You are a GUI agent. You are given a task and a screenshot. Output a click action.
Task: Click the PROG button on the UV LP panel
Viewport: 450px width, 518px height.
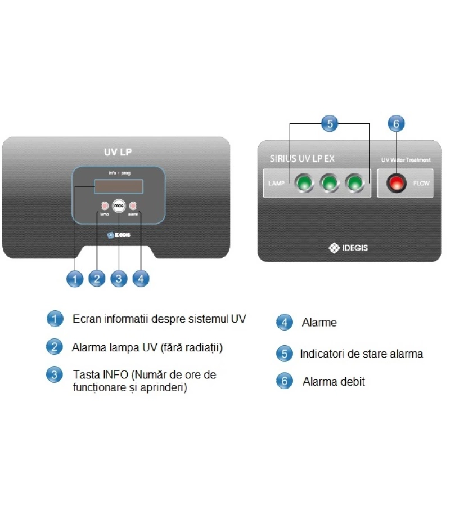click(119, 206)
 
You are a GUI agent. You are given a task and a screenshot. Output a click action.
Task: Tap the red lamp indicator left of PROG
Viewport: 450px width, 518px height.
click(104, 206)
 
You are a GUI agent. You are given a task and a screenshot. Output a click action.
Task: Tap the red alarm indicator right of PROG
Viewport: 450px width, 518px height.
click(133, 206)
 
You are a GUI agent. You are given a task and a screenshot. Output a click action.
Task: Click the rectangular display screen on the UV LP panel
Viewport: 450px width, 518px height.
click(118, 186)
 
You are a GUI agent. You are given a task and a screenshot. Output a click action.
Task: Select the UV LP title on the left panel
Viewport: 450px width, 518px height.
click(118, 151)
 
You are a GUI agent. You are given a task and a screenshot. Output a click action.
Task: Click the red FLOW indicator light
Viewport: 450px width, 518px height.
click(397, 183)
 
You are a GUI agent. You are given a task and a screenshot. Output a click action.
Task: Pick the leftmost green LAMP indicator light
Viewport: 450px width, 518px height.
click(304, 183)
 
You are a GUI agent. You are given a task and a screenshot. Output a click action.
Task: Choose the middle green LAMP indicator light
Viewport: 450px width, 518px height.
click(330, 183)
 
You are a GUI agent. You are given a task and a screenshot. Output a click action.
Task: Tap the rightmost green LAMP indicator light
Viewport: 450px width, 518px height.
click(355, 183)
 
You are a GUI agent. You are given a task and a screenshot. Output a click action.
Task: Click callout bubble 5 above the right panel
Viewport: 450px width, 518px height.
click(330, 124)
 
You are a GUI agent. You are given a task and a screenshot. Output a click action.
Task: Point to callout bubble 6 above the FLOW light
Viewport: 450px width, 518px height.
click(397, 124)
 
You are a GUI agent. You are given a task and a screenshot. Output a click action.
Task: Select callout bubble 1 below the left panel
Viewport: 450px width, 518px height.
click(74, 278)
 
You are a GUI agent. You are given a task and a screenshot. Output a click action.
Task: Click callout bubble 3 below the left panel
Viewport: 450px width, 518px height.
click(119, 278)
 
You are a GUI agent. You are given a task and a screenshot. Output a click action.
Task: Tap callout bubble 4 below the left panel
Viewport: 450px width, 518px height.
click(141, 278)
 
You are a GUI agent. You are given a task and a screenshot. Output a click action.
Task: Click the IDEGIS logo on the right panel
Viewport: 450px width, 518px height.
click(349, 247)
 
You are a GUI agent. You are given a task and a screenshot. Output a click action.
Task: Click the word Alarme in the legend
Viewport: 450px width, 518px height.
click(319, 323)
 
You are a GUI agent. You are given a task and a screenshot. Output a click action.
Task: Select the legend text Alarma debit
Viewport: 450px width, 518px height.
click(334, 382)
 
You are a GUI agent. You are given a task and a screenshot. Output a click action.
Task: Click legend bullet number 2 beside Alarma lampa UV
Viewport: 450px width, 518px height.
click(54, 347)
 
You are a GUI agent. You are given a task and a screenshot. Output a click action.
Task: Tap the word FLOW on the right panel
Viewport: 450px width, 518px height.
click(421, 184)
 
